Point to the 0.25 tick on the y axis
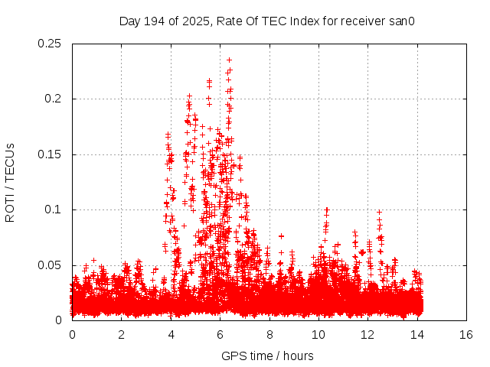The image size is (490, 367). (51, 44)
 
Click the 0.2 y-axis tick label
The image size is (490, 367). (54, 99)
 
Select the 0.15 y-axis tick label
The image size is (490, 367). (51, 154)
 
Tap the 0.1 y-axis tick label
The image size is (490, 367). (54, 209)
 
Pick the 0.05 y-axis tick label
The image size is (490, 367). (51, 265)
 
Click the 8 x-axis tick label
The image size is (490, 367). (269, 335)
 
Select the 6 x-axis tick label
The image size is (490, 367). (220, 335)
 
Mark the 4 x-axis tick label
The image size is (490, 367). (171, 335)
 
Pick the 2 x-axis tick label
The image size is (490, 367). (121, 335)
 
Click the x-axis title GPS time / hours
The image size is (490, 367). (267, 356)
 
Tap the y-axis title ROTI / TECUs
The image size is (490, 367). (10, 182)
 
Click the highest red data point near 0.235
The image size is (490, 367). (229, 60)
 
